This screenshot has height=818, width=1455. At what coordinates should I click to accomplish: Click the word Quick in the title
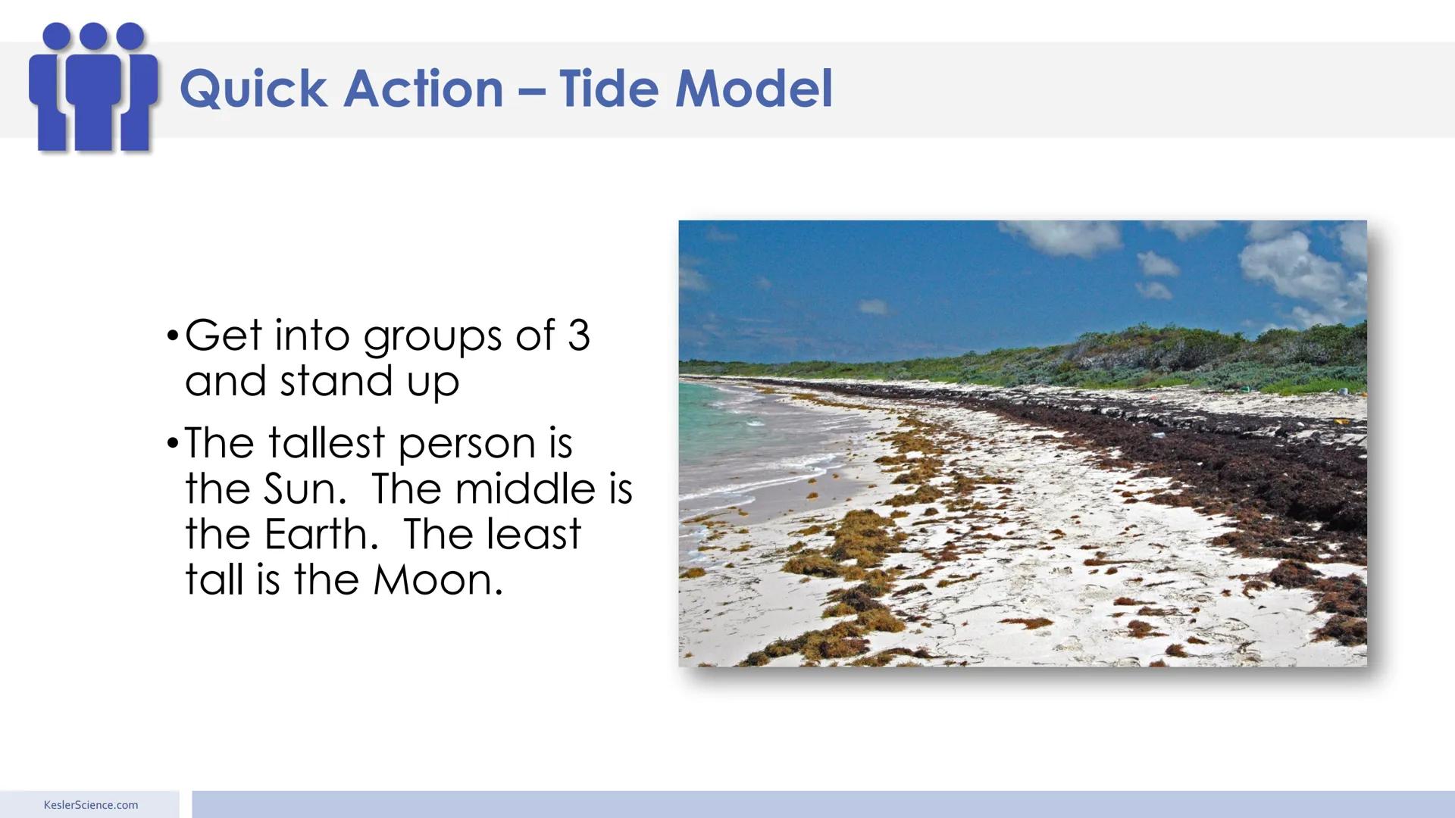253,89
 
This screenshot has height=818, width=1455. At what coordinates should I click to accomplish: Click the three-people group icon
92,87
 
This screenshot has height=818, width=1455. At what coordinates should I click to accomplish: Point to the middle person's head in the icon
93,36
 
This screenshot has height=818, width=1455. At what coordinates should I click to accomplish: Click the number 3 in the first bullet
578,335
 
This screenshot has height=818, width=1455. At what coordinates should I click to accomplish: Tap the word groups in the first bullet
433,336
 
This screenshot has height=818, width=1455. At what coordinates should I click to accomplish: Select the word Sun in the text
304,489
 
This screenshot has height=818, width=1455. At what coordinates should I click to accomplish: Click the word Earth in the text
321,534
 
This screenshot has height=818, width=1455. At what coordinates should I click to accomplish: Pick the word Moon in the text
437,580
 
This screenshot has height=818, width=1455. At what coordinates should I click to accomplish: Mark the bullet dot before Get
173,335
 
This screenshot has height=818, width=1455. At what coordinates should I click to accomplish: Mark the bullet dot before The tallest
173,442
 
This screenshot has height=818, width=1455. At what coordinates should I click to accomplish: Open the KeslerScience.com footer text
91,805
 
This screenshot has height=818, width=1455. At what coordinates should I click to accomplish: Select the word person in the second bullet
467,444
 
